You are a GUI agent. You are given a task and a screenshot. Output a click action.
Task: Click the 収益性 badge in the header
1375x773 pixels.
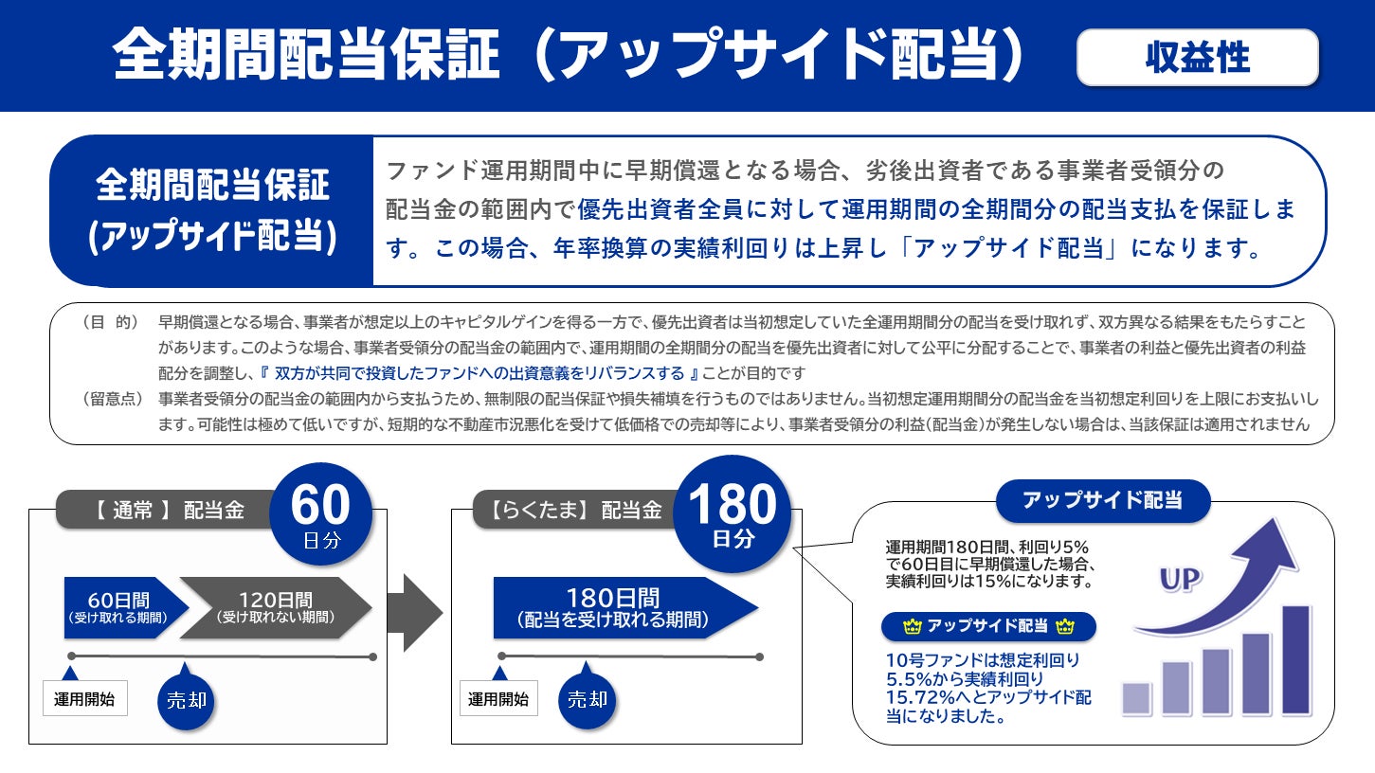tap(1197, 58)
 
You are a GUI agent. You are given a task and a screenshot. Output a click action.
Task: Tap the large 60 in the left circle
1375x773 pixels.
tap(319, 506)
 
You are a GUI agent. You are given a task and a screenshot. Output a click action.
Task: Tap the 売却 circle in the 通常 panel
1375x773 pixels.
tap(186, 701)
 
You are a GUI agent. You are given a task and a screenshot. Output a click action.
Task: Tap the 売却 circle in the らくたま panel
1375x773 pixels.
tap(587, 700)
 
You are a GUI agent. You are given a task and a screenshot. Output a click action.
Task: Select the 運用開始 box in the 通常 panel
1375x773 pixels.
tap(84, 699)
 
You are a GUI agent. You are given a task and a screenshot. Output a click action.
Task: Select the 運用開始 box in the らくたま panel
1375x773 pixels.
tap(498, 699)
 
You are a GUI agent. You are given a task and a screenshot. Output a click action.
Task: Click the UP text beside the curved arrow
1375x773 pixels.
tap(1180, 579)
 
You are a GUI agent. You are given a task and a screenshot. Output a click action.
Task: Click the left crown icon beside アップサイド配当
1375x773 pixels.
tap(914, 626)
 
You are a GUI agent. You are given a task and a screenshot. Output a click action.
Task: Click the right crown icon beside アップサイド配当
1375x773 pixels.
tap(1064, 626)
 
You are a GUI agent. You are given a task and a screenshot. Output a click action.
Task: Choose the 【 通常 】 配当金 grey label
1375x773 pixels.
tap(169, 511)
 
